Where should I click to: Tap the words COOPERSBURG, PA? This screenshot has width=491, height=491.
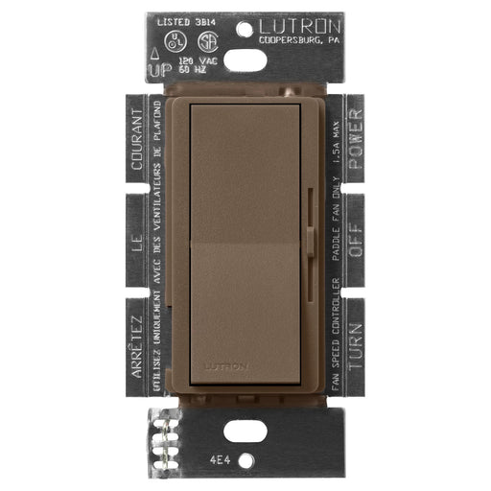coord(299,40)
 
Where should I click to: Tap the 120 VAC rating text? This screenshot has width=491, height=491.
coord(190,60)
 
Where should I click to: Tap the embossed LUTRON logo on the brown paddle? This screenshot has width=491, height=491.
coord(224,366)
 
